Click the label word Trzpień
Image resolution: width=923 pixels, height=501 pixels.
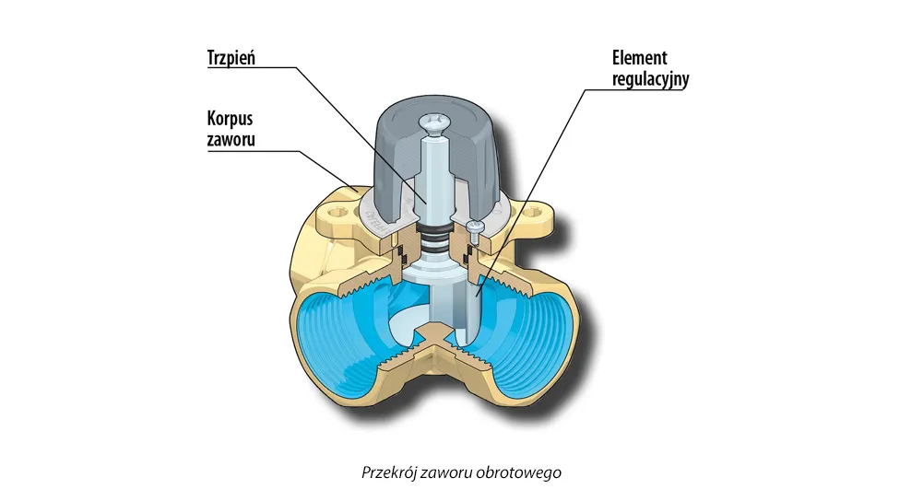coord(231,58)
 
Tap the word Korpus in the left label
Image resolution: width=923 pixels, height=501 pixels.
coord(230,119)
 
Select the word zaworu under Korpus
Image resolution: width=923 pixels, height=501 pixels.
coord(231,139)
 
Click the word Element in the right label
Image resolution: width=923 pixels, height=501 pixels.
coord(639,58)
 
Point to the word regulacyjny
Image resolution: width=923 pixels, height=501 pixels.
coord(650,79)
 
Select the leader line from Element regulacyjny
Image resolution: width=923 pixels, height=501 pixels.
coord(530,192)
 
